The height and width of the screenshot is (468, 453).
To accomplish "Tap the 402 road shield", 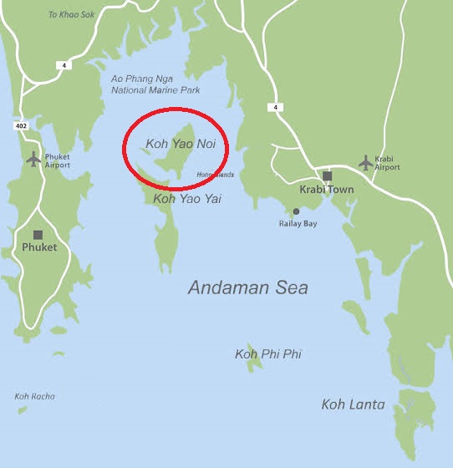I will coord(20,125).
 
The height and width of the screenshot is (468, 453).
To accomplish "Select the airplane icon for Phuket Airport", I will coord(33,158).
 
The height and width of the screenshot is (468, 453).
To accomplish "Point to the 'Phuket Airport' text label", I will coord(58,160).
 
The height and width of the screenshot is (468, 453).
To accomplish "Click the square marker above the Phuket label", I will coord(38,235).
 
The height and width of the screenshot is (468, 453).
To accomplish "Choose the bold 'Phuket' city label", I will coord(39,247).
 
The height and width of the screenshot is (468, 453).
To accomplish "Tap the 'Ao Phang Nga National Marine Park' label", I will coord(144,84).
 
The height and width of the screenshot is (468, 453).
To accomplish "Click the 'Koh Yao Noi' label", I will coord(181,144).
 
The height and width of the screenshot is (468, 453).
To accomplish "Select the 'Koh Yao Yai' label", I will coord(187,199).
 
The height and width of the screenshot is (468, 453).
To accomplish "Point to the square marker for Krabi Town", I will coord(328,175).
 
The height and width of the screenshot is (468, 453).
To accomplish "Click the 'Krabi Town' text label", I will coord(327,190).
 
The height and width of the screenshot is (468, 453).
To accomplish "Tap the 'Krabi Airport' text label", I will coord(388,163).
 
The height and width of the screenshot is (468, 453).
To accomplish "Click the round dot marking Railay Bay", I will coord(296,211).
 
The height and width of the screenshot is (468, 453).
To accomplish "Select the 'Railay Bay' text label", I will coord(298,224).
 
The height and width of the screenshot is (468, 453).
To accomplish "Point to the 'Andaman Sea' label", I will coord(247,287).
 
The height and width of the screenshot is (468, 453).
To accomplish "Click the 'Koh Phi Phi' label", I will coord(268,354).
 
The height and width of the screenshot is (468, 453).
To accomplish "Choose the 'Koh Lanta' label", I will coord(354,404).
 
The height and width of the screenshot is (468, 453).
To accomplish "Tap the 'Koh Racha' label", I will coord(34,396).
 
